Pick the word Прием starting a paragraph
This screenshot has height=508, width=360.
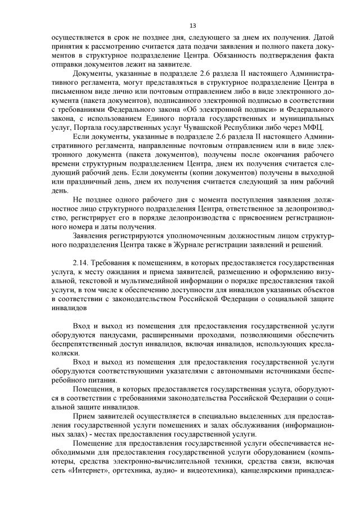pos(83,416)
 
